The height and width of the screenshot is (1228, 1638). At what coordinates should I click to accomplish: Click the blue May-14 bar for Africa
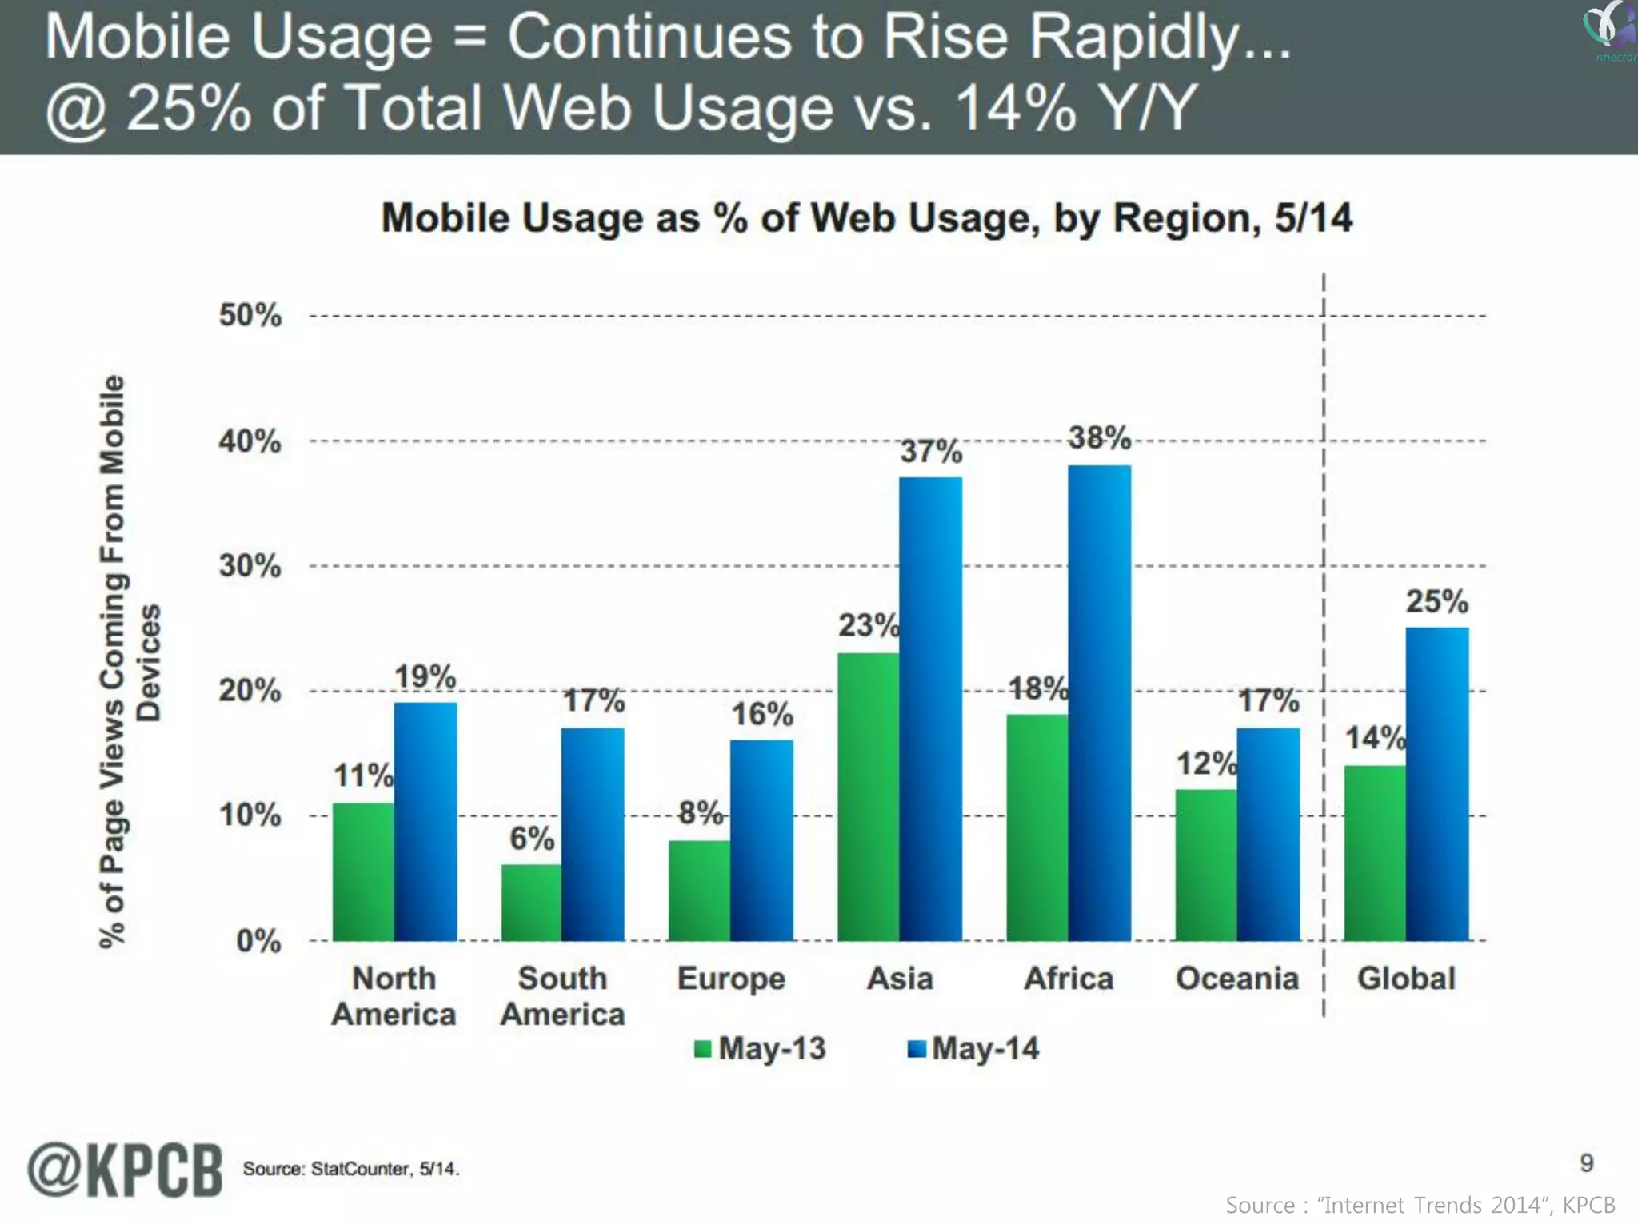click(1100, 704)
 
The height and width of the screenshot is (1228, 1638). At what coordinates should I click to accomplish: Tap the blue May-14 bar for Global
click(1437, 784)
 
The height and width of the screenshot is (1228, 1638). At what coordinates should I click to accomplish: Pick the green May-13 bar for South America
click(531, 903)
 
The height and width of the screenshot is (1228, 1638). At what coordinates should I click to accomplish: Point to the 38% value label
click(1100, 437)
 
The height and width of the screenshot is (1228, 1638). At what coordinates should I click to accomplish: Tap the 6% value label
click(532, 839)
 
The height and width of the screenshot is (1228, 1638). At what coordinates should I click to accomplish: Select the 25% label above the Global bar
click(1437, 601)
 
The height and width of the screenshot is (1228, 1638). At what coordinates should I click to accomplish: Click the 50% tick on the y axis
click(250, 316)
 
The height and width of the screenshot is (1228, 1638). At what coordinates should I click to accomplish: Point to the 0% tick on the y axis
click(258, 941)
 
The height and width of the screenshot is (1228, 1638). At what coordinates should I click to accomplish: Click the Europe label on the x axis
click(731, 979)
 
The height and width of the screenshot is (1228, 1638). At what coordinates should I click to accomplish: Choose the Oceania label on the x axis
click(1236, 979)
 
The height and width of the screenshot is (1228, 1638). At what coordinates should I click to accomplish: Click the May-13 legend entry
click(760, 1048)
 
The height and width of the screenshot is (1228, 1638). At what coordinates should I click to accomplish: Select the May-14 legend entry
click(973, 1048)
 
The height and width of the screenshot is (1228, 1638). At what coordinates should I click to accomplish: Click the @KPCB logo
click(125, 1170)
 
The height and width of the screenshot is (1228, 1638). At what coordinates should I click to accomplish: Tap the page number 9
click(1587, 1162)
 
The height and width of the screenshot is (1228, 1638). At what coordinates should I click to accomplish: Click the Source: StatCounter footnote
click(350, 1169)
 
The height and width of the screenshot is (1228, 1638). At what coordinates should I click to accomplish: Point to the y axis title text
click(128, 662)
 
